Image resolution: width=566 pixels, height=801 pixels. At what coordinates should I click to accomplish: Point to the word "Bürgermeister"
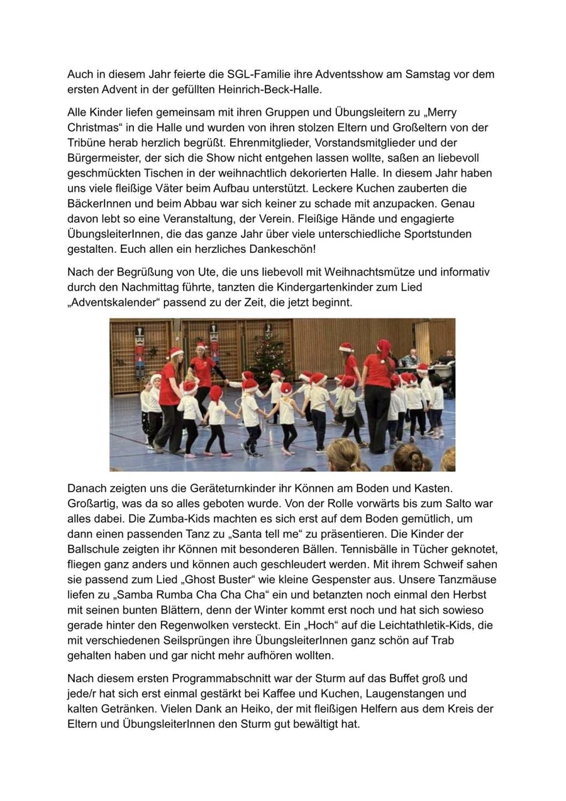[99, 158]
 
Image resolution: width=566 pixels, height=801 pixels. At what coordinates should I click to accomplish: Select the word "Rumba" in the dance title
[179, 595]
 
